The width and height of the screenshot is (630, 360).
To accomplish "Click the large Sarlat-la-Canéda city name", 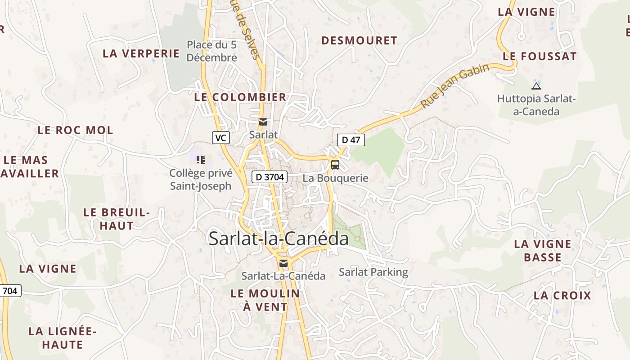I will [278, 239].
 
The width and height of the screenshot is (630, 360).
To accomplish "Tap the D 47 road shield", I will [351, 140].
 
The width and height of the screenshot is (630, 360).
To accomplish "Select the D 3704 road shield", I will [269, 177].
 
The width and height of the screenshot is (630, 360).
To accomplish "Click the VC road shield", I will [220, 138].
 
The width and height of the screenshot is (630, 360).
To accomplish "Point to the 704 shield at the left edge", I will [10, 291].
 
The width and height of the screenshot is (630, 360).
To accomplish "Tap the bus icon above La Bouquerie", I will [335, 165].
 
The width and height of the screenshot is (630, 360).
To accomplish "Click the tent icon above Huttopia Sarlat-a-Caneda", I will [536, 86].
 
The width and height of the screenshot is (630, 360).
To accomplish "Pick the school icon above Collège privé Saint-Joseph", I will [201, 159].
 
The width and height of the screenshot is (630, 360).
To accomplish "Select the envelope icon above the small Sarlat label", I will [263, 122].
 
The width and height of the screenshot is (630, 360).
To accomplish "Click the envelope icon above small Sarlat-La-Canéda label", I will [283, 263].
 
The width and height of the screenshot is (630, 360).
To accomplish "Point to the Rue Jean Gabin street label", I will [455, 86].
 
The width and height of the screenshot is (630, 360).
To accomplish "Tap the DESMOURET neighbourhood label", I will [359, 40].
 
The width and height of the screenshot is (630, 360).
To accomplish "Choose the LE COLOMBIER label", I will [240, 97].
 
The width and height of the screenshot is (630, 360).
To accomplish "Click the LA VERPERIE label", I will [141, 53].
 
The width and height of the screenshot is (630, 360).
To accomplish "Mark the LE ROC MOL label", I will [75, 130].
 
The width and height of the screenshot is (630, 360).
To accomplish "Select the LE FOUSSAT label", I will [540, 56].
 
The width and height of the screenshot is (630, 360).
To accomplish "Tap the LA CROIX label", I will [562, 296].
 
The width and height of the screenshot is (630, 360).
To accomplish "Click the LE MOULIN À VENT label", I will [265, 300].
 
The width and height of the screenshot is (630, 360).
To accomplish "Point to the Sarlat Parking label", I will [373, 272].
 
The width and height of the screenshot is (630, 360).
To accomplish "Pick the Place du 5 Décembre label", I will [211, 51].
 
